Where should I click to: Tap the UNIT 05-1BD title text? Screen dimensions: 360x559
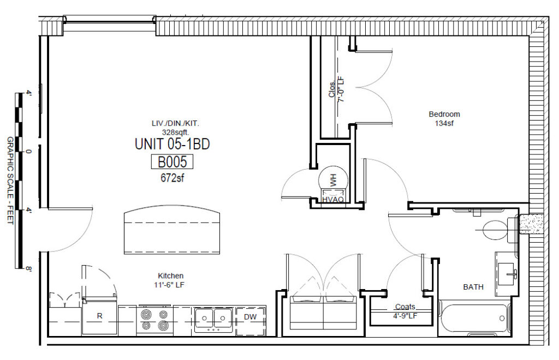pyautogui.click(x=172, y=145)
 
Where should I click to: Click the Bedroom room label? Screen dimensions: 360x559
pyautogui.click(x=444, y=115)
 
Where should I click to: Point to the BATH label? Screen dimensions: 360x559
pyautogui.click(x=473, y=287)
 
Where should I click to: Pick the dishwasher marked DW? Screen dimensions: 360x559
pyautogui.click(x=250, y=317)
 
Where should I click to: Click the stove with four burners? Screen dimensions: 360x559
pyautogui.click(x=154, y=320)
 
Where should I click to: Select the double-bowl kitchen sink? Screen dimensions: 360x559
pyautogui.click(x=213, y=318)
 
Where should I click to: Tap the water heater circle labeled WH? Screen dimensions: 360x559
pyautogui.click(x=332, y=177)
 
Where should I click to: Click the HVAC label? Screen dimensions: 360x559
pyautogui.click(x=332, y=200)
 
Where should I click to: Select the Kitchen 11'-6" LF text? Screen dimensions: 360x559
pyautogui.click(x=171, y=280)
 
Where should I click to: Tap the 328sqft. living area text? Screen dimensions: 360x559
pyautogui.click(x=172, y=131)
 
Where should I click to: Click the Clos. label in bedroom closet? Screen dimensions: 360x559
pyautogui.click(x=331, y=91)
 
